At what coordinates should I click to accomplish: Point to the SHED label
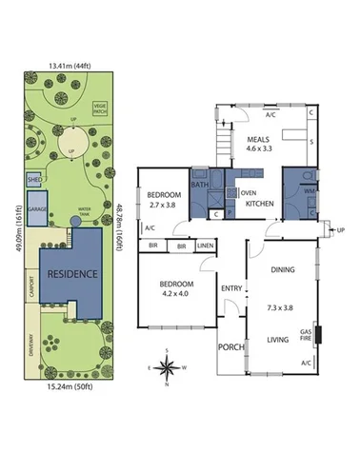click(33, 178)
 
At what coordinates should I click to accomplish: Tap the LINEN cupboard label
click(205, 246)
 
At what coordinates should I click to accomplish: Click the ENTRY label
click(231, 287)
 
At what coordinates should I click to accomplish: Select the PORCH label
click(231, 347)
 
